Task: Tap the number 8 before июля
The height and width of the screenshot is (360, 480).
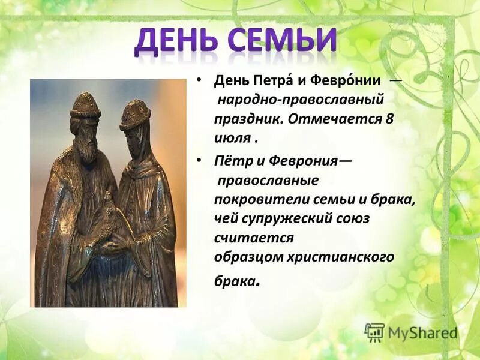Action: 389,118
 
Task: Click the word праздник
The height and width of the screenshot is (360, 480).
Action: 248,118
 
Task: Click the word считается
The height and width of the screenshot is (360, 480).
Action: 254,238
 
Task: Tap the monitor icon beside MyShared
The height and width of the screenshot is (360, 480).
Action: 374,332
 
